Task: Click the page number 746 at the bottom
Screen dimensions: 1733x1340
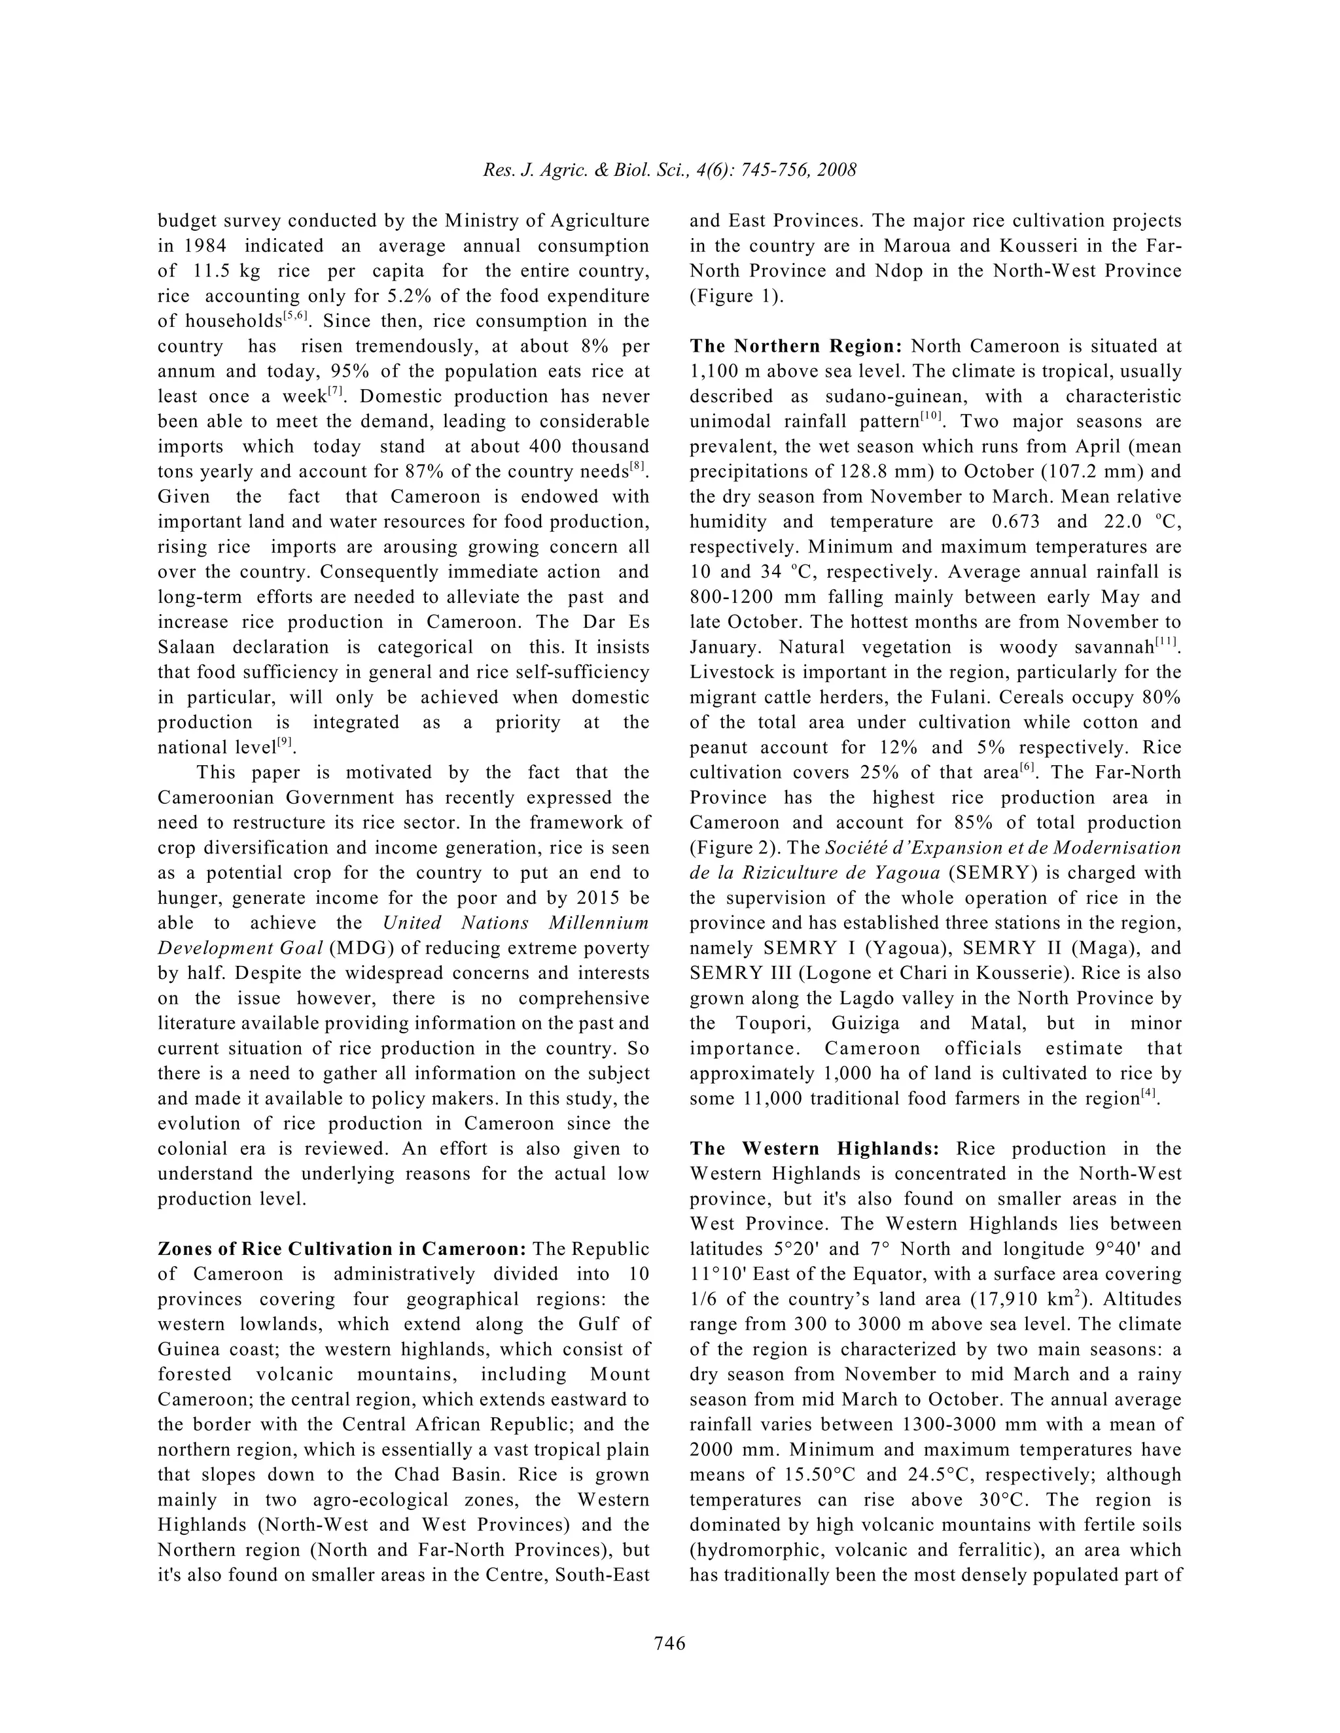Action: click(669, 1643)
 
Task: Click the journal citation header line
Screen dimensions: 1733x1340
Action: click(669, 171)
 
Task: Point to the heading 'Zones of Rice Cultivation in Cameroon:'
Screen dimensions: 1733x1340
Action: click(342, 1249)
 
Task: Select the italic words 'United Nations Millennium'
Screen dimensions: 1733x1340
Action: click(515, 923)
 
